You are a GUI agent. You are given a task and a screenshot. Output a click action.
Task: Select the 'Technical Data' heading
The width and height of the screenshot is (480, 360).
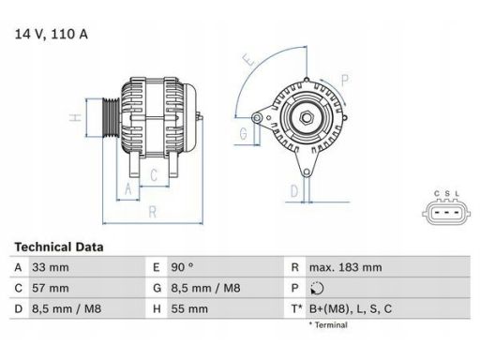click(58, 247)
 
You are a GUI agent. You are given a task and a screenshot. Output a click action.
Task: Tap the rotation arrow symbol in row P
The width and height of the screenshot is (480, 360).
click(314, 287)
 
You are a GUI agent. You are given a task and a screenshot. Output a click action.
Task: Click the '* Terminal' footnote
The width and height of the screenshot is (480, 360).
click(327, 324)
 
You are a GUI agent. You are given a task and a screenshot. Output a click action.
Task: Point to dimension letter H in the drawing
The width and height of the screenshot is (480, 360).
click(72, 118)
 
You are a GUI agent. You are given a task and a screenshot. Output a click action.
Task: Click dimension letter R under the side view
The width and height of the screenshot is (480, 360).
click(151, 212)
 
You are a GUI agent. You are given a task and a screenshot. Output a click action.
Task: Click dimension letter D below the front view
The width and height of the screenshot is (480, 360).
click(294, 191)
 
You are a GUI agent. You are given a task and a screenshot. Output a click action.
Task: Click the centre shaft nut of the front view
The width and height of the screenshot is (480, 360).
click(305, 118)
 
